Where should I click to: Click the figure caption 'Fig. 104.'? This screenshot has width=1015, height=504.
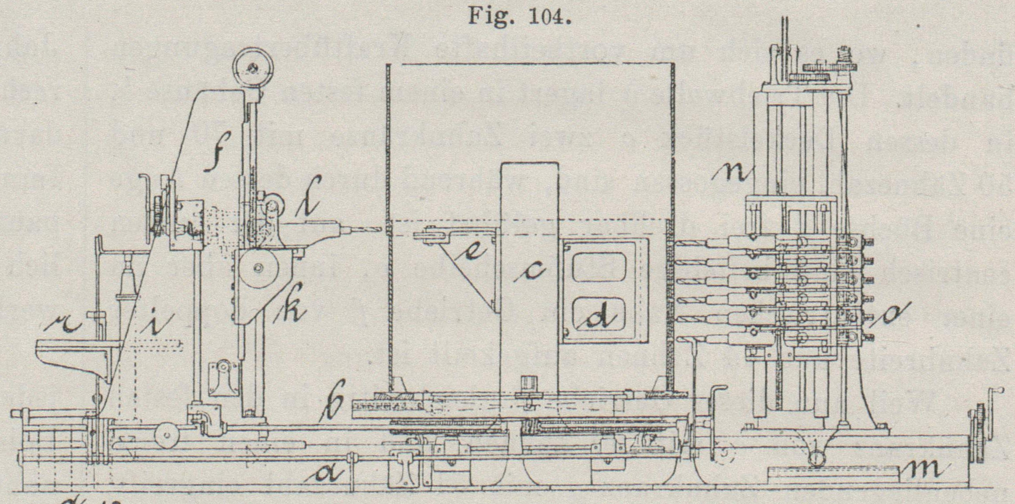[x=519, y=17]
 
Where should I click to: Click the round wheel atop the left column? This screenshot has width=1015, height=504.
[x=253, y=68]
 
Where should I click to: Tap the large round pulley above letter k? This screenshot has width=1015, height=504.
[x=258, y=268]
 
